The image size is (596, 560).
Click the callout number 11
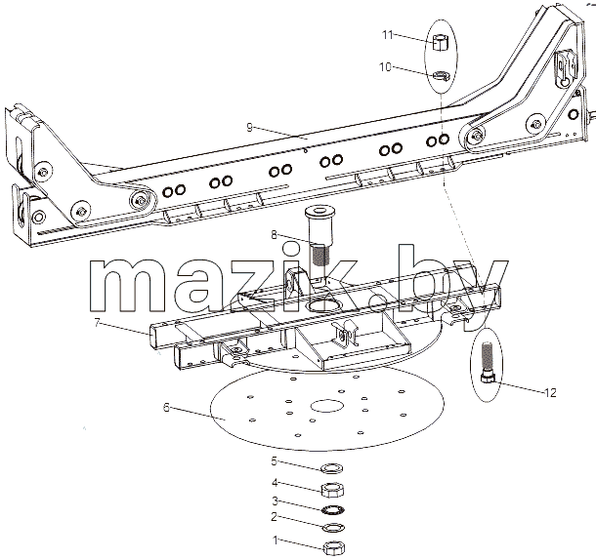coord(387,35)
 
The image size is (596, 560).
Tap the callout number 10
coord(385,67)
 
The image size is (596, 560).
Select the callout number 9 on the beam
coord(249,127)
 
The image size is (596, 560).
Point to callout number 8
coord(274,235)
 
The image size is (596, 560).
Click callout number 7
coord(98,323)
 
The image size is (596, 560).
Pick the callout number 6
coord(166,408)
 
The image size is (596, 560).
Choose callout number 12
coord(550,392)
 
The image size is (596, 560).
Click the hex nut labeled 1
coord(334,548)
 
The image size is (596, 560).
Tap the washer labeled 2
coord(333,528)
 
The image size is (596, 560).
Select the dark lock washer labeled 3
coord(333,509)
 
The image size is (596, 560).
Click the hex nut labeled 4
coord(333,490)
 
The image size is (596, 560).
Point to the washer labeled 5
coord(332,468)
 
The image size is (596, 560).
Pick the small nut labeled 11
coord(441,42)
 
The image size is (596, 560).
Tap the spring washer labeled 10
coord(442,75)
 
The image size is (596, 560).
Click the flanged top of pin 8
coord(319,212)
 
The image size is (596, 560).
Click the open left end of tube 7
coord(152,336)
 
